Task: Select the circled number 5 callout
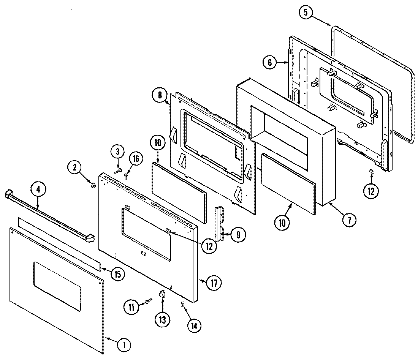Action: point(306,13)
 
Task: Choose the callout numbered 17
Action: point(215,282)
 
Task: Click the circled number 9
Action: point(237,235)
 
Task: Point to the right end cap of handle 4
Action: point(89,238)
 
